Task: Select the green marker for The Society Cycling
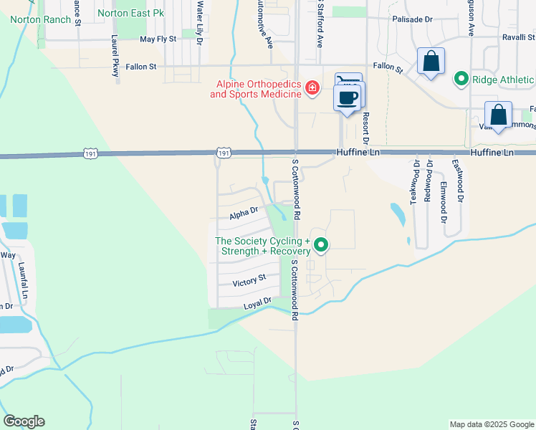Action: (x=322, y=245)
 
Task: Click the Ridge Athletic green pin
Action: (x=461, y=79)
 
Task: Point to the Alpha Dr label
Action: (x=244, y=213)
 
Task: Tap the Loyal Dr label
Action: (x=257, y=303)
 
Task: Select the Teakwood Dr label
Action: (x=415, y=183)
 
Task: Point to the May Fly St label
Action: (x=158, y=39)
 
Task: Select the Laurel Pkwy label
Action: (x=115, y=56)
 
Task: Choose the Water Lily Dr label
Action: (x=199, y=21)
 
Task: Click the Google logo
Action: (x=24, y=421)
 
